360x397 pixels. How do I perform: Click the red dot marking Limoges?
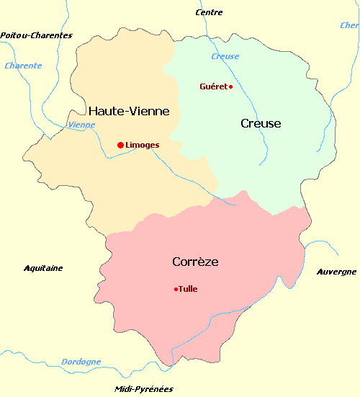click(120, 145)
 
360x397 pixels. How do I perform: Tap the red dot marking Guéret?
click(230, 87)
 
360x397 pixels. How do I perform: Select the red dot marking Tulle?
click(176, 290)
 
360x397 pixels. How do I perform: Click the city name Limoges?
click(142, 145)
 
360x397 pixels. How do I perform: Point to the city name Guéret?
click(212, 86)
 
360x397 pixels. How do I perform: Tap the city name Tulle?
click(188, 290)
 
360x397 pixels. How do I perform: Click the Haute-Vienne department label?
click(129, 111)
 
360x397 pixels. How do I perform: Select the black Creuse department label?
click(261, 123)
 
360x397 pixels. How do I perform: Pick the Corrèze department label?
click(195, 261)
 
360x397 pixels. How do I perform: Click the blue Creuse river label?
click(225, 56)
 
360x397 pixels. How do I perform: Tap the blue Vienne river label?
click(81, 125)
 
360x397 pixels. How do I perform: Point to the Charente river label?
click(23, 66)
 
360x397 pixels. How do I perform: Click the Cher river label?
click(349, 25)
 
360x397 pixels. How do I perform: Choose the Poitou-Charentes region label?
click(37, 35)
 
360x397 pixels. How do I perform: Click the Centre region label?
click(210, 12)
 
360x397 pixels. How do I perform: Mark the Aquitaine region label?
click(43, 268)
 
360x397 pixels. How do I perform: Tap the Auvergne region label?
click(336, 272)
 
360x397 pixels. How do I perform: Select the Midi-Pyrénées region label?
click(144, 389)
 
